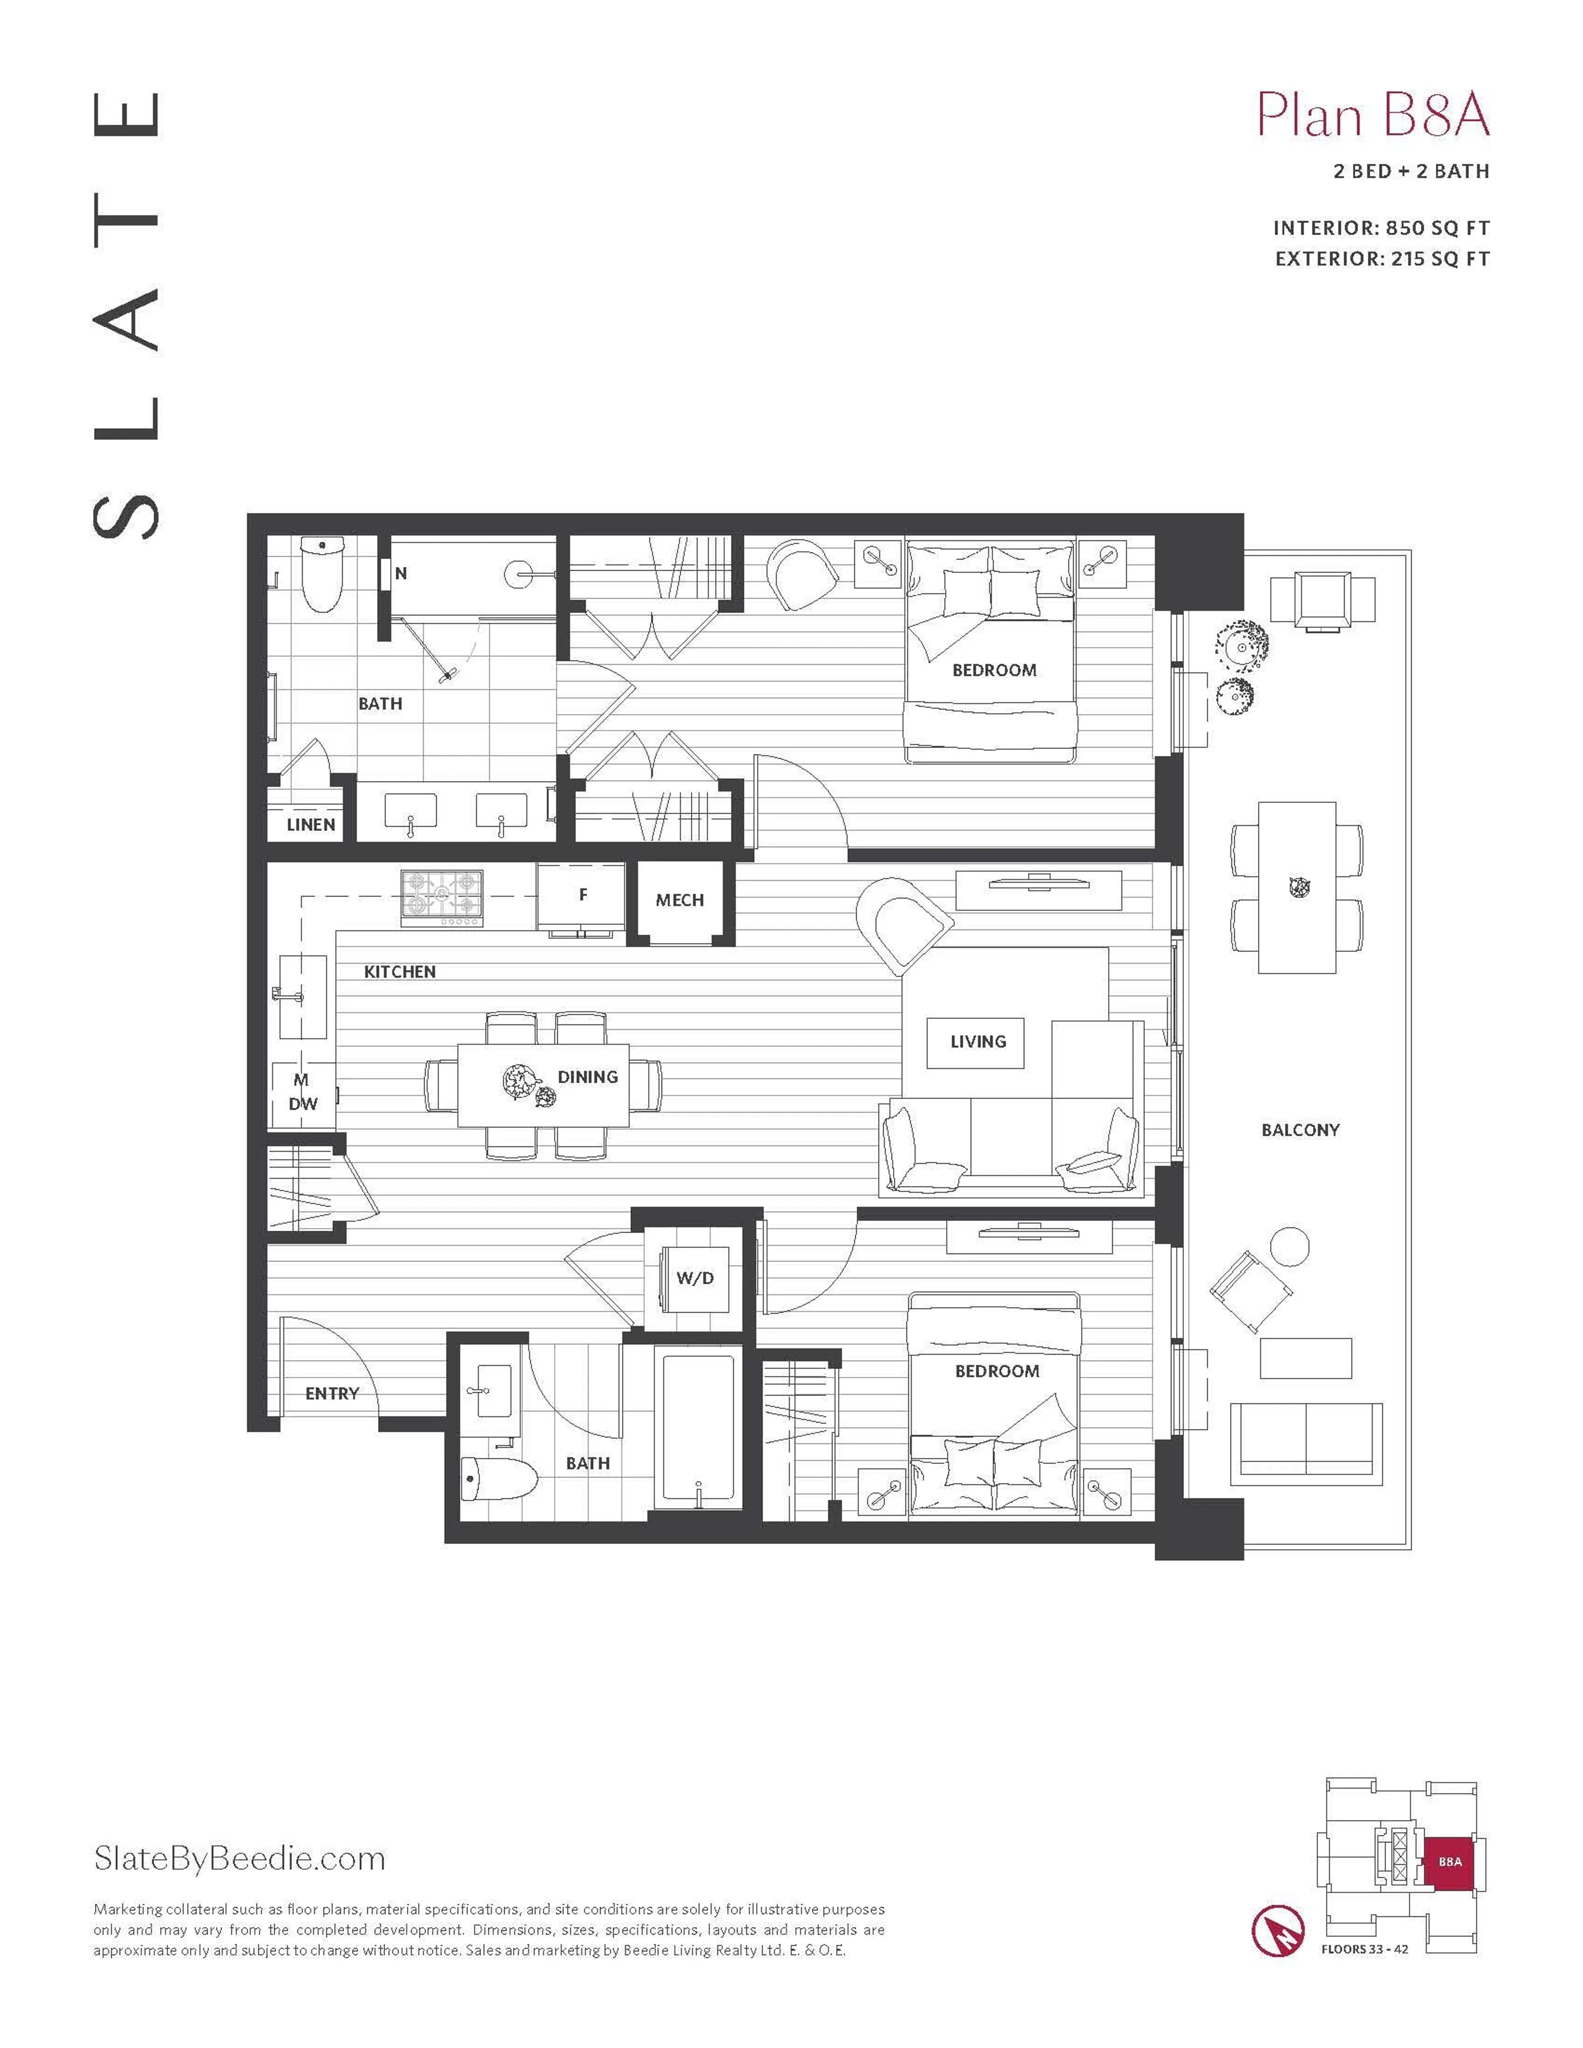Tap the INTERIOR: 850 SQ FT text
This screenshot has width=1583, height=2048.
[1381, 228]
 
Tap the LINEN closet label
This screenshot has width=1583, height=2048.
[310, 824]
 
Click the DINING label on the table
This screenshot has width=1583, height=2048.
[587, 1077]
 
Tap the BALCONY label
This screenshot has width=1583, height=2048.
[1300, 1130]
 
